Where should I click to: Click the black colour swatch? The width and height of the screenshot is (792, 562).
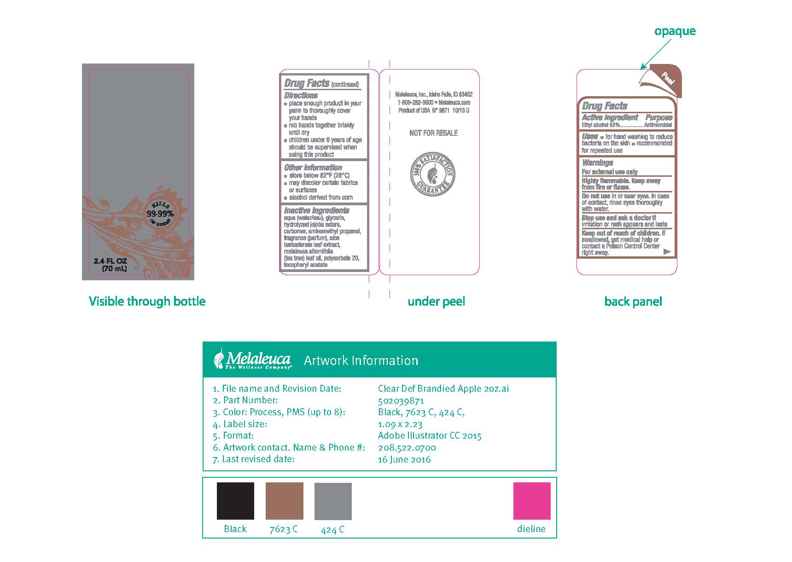235,501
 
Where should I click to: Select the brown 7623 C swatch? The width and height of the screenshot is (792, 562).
284,501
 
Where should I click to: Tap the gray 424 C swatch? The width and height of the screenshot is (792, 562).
333,501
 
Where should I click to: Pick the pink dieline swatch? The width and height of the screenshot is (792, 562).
532,501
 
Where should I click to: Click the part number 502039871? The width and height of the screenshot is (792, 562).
401,400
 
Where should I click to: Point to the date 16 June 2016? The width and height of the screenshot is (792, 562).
404,459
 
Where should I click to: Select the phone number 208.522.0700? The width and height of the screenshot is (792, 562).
407,447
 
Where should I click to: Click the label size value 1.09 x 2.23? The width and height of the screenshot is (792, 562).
400,424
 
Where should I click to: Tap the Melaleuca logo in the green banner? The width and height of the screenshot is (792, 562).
252,359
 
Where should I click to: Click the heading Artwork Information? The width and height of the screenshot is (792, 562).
361,360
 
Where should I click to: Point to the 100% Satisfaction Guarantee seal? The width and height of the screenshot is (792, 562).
433,175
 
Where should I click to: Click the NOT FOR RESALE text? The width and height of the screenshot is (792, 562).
433,133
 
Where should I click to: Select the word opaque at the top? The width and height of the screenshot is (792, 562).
675,31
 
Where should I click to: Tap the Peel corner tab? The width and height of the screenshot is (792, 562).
668,79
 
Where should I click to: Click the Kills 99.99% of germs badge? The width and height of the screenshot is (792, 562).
160,213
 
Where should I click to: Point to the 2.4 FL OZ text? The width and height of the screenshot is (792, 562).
110,261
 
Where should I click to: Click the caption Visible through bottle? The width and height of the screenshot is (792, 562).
147,301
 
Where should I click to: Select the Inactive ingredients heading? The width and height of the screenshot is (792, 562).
316,210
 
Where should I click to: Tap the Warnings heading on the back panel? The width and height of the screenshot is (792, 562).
597,162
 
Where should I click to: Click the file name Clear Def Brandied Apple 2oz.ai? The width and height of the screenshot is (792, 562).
443,388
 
